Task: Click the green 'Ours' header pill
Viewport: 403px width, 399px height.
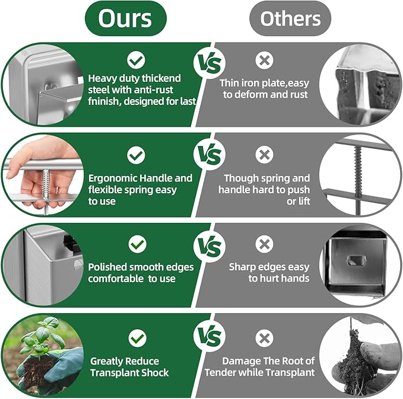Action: coord(125,18)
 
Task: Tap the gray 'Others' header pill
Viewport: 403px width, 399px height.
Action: coord(290,18)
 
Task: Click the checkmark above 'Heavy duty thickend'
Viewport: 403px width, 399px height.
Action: coord(137,59)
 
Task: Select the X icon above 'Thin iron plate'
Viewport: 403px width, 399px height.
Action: coord(264,59)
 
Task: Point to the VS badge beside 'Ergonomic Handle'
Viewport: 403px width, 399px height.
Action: coord(210,155)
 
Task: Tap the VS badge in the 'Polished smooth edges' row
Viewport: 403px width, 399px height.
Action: coord(210,245)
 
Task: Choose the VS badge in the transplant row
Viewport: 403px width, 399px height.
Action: coord(210,336)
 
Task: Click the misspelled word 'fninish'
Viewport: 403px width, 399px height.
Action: coord(105,101)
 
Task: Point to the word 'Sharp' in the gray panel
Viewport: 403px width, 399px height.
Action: coord(243,267)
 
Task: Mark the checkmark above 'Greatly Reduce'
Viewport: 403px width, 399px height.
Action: coord(137,339)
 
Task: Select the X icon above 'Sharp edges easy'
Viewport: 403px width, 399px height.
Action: coord(264,244)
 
